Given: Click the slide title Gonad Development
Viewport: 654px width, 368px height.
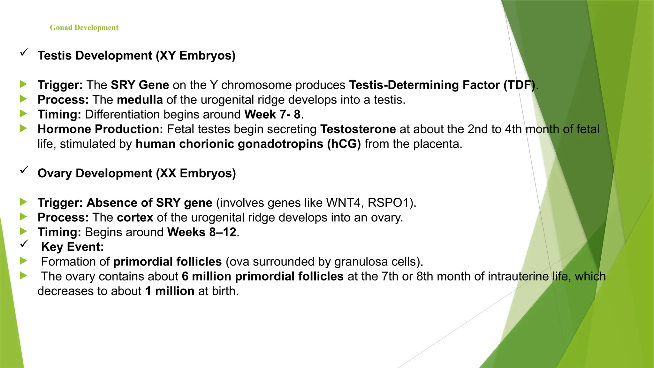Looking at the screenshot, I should point(84,28).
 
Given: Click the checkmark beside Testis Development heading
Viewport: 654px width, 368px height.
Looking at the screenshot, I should point(24,52).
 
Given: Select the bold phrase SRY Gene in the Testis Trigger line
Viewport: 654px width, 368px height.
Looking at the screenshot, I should point(140,85).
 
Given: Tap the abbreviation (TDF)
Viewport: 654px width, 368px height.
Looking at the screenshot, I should point(519,85).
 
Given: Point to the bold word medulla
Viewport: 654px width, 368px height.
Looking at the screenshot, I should point(140,100).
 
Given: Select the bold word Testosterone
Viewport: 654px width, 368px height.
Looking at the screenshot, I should point(358,129).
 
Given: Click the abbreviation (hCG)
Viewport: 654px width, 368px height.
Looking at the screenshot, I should point(344,144).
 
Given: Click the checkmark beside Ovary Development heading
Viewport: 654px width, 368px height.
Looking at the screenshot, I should point(24,170).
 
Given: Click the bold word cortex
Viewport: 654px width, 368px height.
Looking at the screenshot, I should point(135,218).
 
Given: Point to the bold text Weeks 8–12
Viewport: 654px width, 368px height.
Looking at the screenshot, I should point(202,232).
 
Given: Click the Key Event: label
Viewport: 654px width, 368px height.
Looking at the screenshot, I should point(72,247).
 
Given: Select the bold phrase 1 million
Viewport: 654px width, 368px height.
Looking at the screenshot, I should point(170,291).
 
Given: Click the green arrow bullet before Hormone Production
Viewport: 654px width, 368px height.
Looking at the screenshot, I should point(23,128).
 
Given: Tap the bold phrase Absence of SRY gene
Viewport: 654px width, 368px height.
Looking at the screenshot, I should point(149,203).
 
